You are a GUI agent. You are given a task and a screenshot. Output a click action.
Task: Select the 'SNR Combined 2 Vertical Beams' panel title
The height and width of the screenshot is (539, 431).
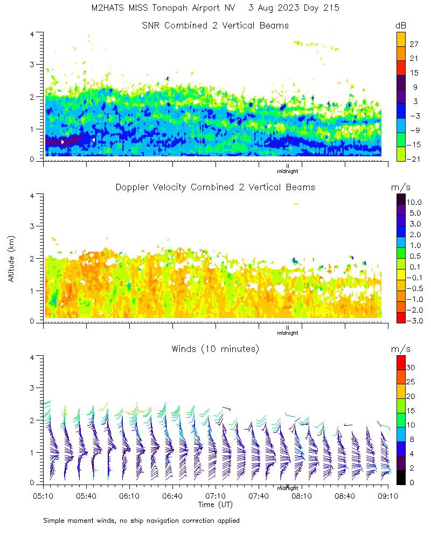click(215, 25)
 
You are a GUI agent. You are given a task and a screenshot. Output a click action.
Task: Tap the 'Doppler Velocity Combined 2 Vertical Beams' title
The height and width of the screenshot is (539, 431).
click(215, 187)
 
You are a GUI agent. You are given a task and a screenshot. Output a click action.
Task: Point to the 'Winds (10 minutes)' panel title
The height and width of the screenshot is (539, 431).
click(215, 349)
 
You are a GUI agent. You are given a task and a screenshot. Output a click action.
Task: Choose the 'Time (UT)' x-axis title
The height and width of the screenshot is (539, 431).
click(215, 505)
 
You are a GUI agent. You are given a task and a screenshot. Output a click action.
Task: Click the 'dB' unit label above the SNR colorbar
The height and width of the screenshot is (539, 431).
click(401, 25)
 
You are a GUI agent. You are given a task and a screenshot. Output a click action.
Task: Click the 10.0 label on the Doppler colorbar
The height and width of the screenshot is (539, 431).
click(414, 202)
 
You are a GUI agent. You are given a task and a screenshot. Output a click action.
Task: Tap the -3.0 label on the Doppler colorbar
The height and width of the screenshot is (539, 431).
click(414, 321)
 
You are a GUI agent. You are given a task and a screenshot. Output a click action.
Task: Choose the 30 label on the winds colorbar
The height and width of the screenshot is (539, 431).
click(411, 367)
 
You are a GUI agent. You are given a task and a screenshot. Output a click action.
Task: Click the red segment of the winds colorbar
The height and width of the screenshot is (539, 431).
click(401, 362)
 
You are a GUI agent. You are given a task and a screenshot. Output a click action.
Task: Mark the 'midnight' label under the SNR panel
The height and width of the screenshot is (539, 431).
click(288, 171)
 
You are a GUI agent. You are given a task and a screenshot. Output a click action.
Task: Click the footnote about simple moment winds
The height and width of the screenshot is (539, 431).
click(141, 521)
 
